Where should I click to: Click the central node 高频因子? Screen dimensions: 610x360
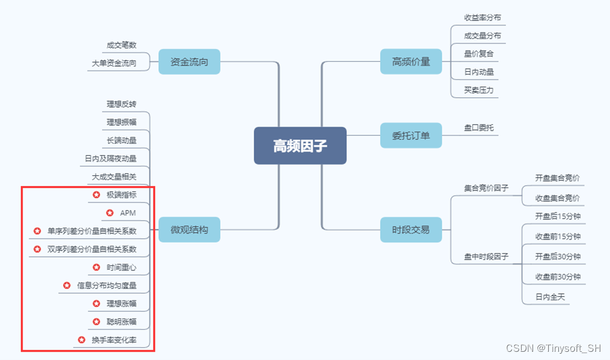pos(300,146)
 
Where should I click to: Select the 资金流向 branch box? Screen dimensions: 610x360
pos(189,62)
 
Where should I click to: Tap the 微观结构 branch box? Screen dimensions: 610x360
pos(189,229)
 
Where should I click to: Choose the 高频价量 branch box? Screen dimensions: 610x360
pos(411,62)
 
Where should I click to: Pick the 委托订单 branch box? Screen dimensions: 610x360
pos(411,136)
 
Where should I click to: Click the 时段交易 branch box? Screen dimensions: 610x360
pos(411,229)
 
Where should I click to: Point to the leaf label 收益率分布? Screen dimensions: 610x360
pos(483,18)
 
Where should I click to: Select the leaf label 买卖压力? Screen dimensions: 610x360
pos(479,90)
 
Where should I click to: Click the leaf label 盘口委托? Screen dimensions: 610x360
pos(479,127)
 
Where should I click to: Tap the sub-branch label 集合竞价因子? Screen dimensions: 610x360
pos(486,188)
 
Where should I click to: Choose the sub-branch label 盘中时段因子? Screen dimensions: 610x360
pos(486,257)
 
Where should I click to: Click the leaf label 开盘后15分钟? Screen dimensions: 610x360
pos(558,216)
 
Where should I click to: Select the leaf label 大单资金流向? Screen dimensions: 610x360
pos(114,63)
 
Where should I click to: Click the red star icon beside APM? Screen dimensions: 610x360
pos(110,213)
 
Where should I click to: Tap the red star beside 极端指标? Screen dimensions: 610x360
pos(96,195)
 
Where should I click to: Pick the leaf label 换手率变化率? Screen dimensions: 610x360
pos(114,340)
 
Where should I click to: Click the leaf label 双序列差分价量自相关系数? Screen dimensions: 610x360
pos(91,249)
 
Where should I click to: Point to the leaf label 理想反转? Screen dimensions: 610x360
pos(122,104)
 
